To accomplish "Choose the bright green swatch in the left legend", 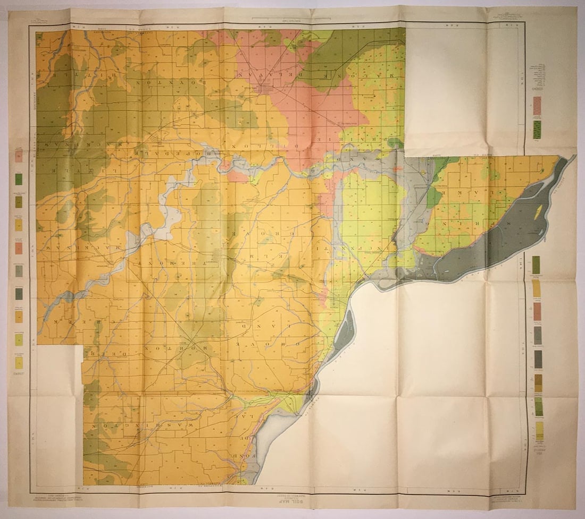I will point(19,179).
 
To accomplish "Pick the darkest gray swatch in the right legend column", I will point(538,359).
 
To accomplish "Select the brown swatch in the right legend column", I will point(538,383).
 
